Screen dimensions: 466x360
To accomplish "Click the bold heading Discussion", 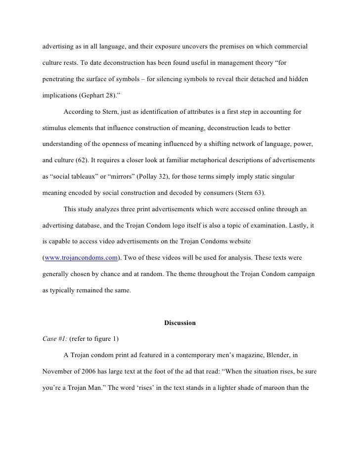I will click(x=180, y=323).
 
